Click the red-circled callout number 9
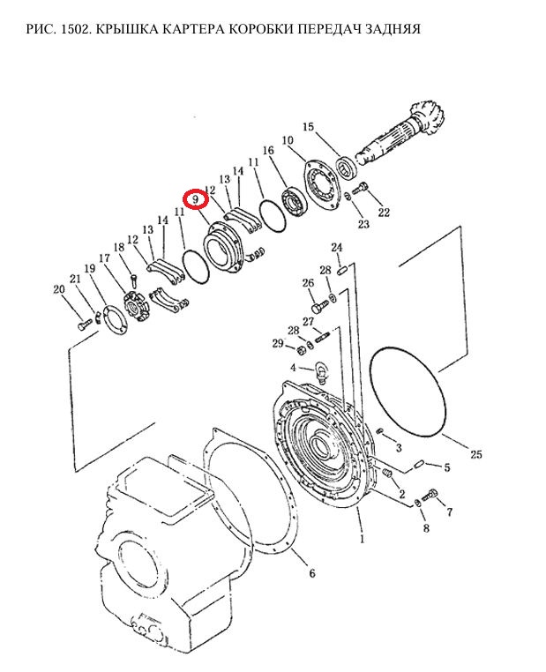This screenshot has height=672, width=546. (196, 199)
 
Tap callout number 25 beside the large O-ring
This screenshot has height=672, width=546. (476, 454)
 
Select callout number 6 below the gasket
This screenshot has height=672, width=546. (312, 573)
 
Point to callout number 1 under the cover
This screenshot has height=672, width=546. (363, 539)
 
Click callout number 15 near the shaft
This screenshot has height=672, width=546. (308, 127)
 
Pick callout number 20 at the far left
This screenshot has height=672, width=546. (59, 289)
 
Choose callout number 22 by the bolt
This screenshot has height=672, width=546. (384, 213)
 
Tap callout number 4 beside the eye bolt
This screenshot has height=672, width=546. (293, 368)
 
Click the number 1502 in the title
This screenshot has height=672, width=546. (75, 29)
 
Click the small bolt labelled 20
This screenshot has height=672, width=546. (85, 325)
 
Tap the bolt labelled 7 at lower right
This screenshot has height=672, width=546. (430, 495)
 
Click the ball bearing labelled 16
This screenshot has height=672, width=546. (294, 202)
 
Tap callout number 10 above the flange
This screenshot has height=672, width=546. (288, 140)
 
